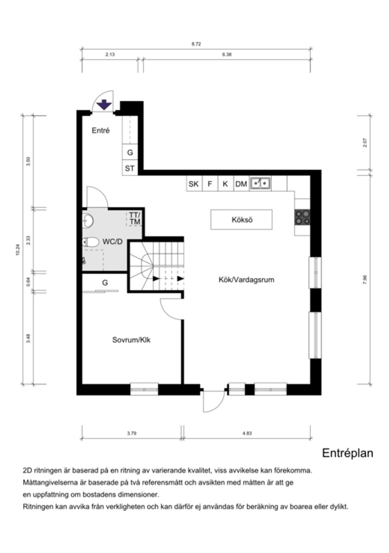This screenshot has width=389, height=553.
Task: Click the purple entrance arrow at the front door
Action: click(105, 104)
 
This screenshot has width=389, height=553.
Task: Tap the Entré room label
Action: click(100, 131)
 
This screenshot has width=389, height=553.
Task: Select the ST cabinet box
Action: click(130, 168)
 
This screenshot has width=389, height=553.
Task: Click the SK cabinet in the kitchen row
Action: click(194, 184)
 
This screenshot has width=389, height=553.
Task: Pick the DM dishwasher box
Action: click(241, 184)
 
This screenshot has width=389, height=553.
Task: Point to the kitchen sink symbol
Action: click(260, 183)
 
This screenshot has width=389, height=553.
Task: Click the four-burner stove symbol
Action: click(302, 217)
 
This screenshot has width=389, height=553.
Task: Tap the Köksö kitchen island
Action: click(242, 220)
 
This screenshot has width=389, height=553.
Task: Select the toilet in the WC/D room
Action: click(91, 242)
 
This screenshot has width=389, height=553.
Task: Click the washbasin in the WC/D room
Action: click(88, 221)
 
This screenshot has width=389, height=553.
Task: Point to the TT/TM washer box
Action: click(135, 219)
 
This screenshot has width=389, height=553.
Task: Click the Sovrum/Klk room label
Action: click(131, 340)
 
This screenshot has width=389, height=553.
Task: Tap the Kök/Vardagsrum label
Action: click(246, 280)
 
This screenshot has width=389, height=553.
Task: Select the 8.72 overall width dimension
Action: click(196, 44)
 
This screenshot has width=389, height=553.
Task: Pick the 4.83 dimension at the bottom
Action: click(247, 433)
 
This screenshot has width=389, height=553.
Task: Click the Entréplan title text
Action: click(347, 453)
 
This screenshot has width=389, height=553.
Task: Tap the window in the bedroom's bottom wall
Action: click(144, 389)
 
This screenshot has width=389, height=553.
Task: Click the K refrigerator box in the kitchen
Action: click(225, 184)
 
